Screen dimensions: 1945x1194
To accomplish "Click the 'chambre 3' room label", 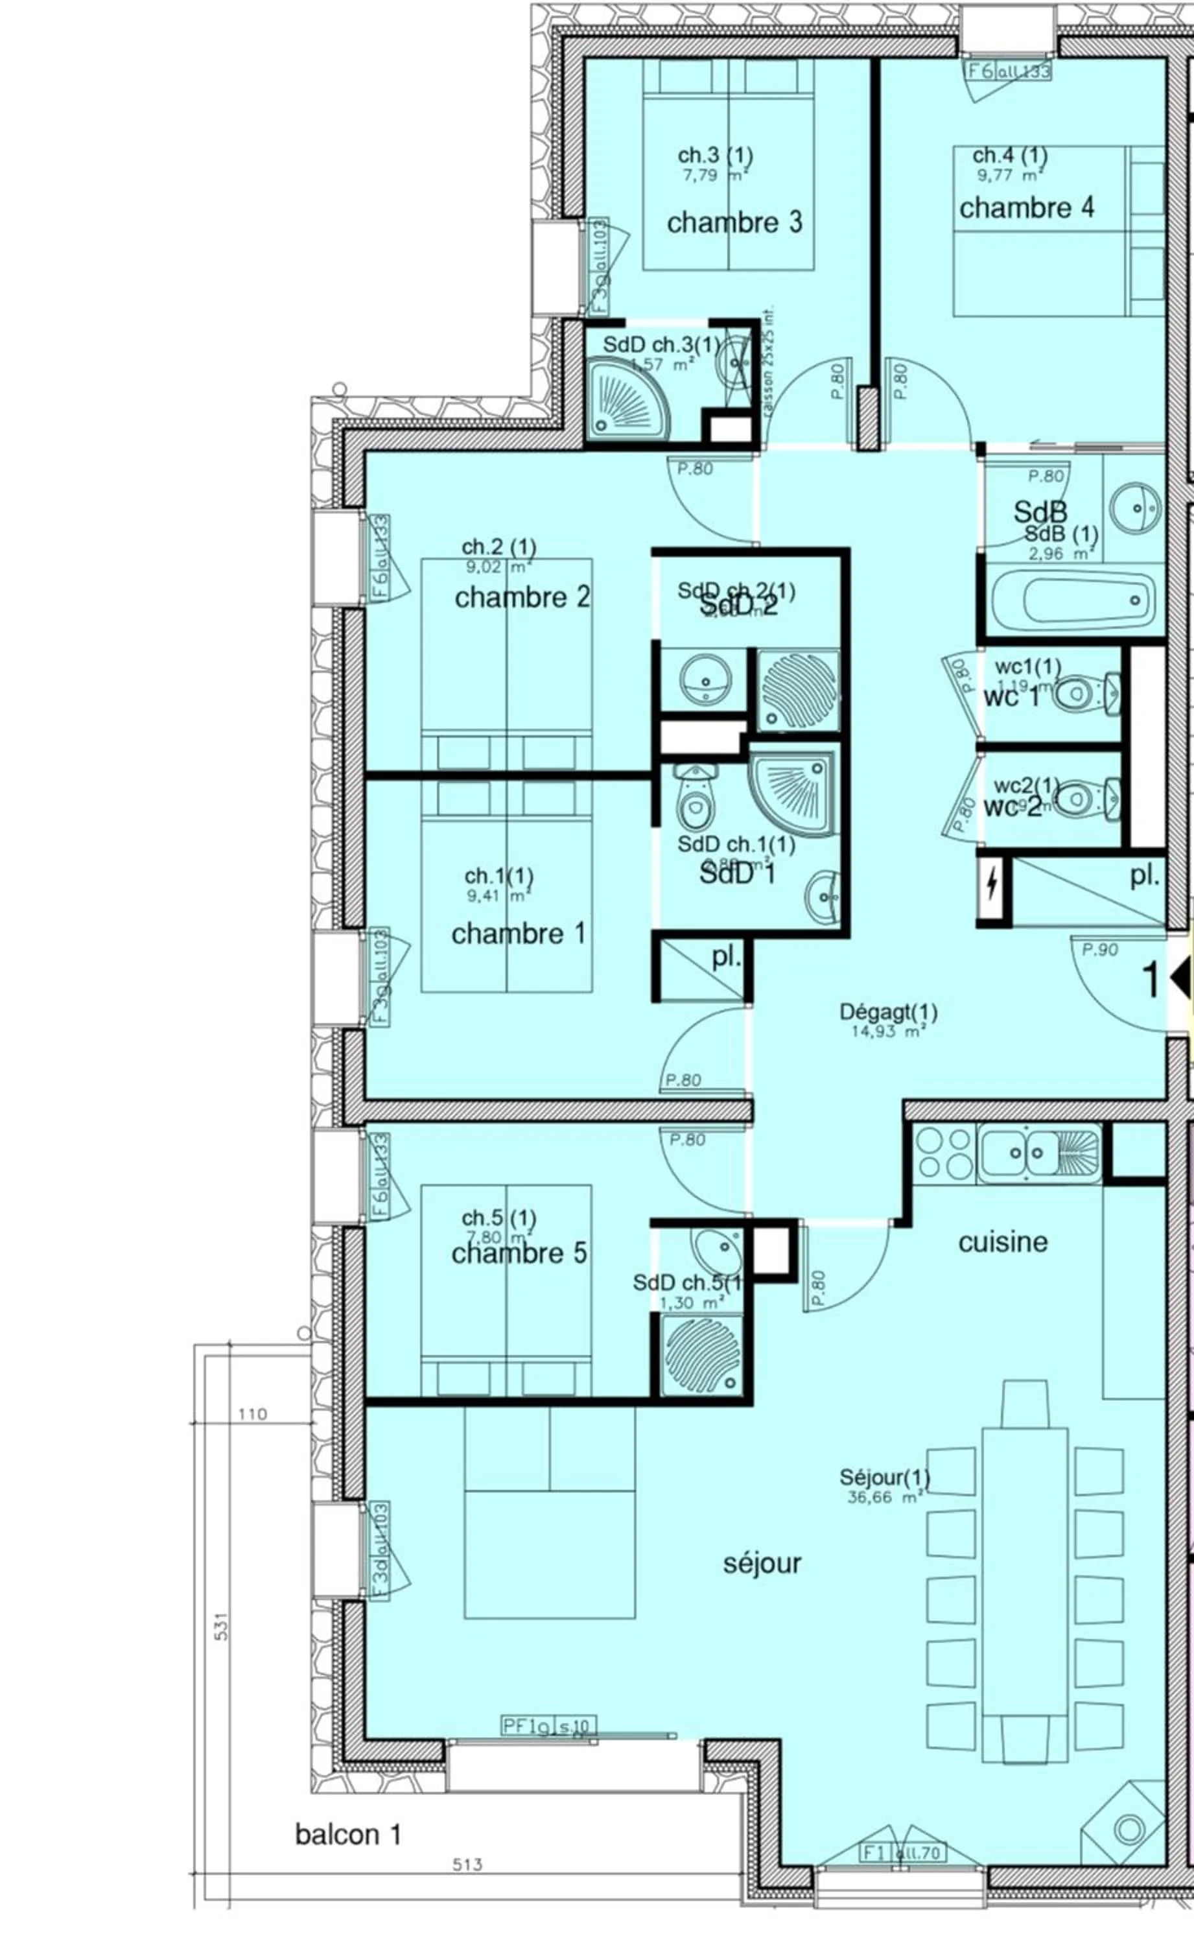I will click(x=734, y=222).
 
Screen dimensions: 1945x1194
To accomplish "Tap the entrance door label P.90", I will click(x=1100, y=950).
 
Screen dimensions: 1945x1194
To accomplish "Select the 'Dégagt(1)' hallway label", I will click(x=889, y=1013).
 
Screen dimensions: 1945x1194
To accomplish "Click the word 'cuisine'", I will click(x=1003, y=1242).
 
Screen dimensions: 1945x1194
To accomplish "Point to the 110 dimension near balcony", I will click(x=253, y=1414).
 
